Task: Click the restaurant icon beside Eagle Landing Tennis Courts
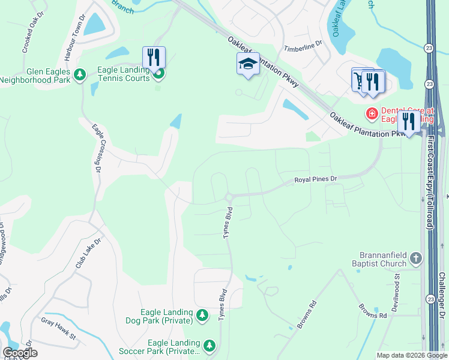[154, 58]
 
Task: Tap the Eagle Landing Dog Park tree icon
[202, 316]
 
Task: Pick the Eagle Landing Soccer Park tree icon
[209, 346]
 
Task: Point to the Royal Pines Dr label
[316, 179]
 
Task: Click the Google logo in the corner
[19, 353]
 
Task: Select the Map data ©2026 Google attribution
[412, 355]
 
